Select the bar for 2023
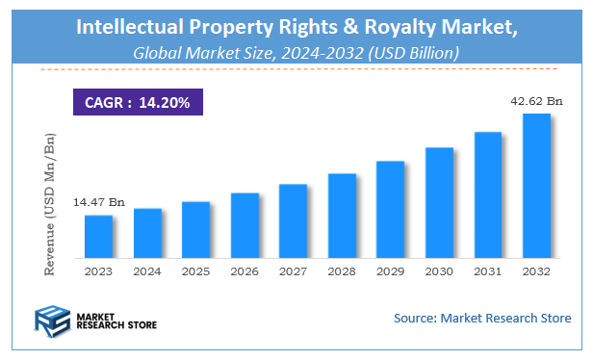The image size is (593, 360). click(x=98, y=237)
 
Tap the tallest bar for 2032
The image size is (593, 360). click(x=535, y=186)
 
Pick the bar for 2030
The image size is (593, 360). click(x=439, y=203)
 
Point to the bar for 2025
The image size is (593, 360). click(x=195, y=230)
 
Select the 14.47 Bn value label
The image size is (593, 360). click(x=98, y=203)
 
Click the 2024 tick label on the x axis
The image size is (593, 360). click(x=147, y=272)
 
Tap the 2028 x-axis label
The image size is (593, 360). click(x=342, y=272)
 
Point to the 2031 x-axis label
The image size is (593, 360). click(x=487, y=272)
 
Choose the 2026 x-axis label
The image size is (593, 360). click(x=245, y=272)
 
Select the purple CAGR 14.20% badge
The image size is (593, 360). click(x=137, y=101)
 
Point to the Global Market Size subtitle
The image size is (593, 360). click(x=295, y=53)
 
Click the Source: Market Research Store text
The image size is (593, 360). click(x=482, y=318)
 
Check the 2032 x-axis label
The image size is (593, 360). click(x=535, y=272)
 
